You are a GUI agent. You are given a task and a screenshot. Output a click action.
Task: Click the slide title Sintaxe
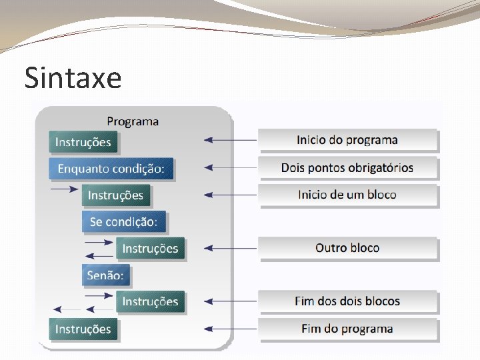click(73, 78)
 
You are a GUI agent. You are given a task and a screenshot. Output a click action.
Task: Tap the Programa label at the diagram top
click(133, 121)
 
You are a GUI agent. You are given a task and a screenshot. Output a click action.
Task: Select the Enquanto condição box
click(111, 169)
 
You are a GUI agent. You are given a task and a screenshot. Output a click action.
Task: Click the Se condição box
click(123, 221)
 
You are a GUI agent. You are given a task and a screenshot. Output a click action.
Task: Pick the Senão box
click(106, 275)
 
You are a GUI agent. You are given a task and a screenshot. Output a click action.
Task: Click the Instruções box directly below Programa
click(83, 142)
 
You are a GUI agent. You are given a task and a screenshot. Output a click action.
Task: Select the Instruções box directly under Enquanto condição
click(116, 195)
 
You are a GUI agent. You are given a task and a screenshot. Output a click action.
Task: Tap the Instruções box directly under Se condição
click(150, 249)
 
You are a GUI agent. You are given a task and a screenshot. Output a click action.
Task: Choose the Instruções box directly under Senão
click(150, 302)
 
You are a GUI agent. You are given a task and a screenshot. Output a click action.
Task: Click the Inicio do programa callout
click(347, 140)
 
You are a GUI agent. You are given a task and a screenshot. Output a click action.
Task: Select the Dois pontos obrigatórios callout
click(347, 167)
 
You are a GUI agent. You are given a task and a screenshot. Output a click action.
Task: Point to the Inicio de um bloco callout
click(347, 195)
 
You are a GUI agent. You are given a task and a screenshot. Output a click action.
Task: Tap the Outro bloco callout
click(347, 248)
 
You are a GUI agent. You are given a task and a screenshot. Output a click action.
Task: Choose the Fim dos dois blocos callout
click(347, 301)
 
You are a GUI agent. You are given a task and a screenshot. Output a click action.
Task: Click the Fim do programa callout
click(347, 329)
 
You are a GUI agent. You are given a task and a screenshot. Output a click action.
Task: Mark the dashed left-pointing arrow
click(67, 309)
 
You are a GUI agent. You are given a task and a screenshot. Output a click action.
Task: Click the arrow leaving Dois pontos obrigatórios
click(230, 167)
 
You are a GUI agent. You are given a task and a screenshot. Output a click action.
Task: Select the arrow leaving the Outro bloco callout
click(230, 248)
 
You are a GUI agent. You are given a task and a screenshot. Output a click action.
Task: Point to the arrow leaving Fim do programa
click(230, 329)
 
